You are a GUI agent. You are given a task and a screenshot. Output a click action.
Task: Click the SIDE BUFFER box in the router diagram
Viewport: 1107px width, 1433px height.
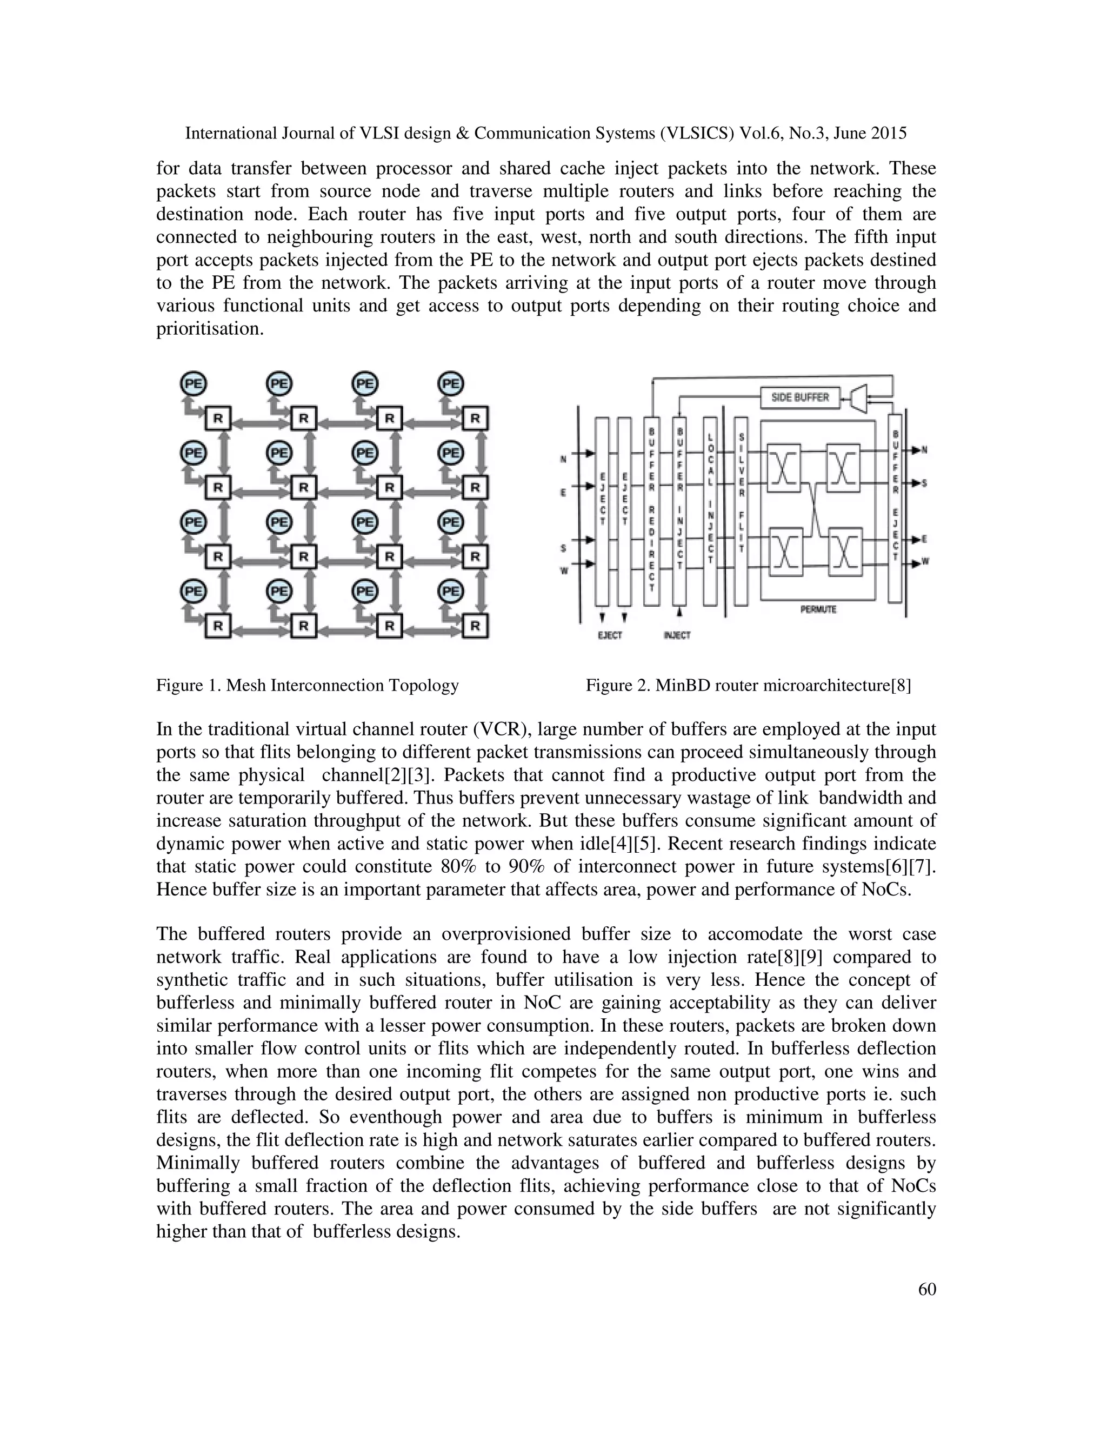coord(799,397)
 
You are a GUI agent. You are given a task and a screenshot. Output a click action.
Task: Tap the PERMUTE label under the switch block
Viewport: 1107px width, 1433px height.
coord(818,609)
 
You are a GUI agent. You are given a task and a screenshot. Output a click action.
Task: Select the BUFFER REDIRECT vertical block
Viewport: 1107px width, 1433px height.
coord(651,511)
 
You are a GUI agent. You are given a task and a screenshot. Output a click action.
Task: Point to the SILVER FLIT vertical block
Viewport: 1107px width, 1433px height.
coord(741,511)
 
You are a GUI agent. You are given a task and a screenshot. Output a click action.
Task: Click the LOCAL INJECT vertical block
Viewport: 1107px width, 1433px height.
coord(710,511)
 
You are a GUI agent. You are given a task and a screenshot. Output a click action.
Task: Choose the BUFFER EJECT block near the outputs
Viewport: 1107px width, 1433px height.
coord(895,508)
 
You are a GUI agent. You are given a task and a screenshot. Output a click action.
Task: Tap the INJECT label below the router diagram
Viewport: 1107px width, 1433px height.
coord(677,635)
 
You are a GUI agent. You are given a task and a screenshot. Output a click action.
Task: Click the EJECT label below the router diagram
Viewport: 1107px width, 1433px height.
coord(610,635)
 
